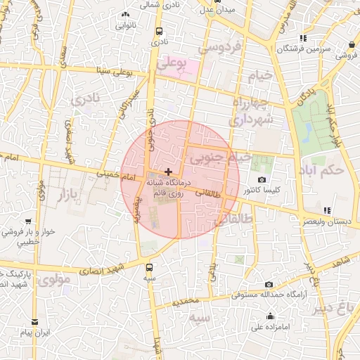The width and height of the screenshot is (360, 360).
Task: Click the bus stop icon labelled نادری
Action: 160,32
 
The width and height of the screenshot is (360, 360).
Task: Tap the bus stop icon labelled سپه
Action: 149,267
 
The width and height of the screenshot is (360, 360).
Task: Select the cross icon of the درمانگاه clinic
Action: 168,172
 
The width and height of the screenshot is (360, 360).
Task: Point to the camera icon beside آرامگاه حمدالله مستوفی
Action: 269,285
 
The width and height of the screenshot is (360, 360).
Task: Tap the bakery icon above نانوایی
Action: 126,14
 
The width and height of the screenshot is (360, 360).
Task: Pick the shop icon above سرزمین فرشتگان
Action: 302,39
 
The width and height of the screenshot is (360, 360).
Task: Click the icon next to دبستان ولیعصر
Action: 327,210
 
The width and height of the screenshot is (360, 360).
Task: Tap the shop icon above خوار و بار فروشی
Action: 27,221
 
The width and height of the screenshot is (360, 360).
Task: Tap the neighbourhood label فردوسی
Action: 218,49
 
